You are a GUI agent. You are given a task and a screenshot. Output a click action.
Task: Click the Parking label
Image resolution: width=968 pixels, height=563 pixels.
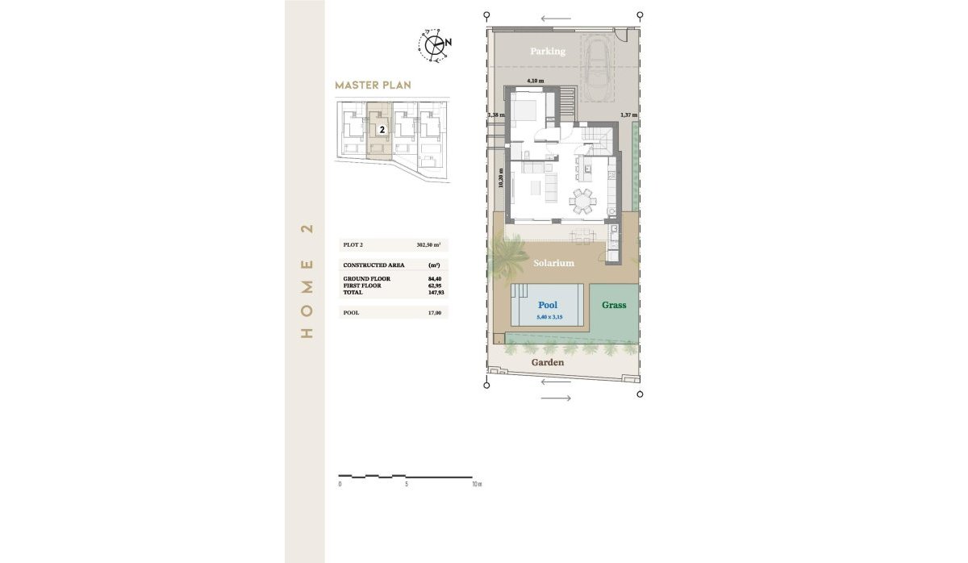coord(547,52)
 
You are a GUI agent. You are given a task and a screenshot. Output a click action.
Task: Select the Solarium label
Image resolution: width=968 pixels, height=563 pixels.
coord(553,264)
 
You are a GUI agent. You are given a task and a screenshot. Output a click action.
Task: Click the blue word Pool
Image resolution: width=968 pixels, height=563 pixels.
coord(548,306)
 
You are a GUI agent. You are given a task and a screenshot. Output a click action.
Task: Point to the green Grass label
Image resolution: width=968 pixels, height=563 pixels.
coord(614,306)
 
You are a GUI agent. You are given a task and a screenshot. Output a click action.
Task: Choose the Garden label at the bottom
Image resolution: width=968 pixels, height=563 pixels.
coord(548,363)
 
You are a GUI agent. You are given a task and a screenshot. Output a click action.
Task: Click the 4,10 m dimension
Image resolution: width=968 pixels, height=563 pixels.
coord(535,81)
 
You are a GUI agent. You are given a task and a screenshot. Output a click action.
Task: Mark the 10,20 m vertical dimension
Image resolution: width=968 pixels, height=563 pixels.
coord(501,177)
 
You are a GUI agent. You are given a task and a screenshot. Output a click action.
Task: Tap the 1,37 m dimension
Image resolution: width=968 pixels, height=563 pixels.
coord(628,115)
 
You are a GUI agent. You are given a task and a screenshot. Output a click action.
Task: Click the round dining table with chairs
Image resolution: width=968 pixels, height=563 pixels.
coord(582,199)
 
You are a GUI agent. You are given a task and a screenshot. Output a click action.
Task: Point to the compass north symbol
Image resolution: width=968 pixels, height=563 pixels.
coord(436,44)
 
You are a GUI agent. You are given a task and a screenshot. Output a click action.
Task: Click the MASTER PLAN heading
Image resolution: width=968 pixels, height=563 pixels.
coord(373,85)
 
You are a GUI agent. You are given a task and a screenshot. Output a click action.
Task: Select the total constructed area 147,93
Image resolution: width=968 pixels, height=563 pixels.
coord(434,293)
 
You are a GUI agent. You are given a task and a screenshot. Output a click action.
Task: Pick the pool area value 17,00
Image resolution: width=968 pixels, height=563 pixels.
coord(434,312)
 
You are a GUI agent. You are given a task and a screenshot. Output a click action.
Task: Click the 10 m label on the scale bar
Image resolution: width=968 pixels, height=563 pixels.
coord(476,485)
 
